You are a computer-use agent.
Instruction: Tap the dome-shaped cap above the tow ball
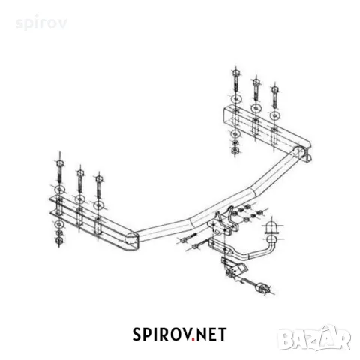click(271, 226)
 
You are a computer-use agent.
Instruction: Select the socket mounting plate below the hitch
click(235, 268)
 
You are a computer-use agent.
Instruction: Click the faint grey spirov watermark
click(41, 23)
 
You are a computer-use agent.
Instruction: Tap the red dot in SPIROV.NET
click(193, 339)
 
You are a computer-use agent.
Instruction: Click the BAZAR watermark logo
click(315, 338)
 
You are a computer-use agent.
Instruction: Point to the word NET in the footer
click(211, 334)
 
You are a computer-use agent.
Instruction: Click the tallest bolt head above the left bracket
click(59, 163)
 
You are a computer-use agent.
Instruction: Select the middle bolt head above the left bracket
click(80, 173)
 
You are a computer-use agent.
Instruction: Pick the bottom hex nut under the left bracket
click(59, 241)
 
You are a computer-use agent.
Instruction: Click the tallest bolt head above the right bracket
click(235, 73)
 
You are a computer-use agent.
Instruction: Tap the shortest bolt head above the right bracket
click(274, 89)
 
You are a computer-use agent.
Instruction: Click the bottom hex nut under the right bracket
click(235, 150)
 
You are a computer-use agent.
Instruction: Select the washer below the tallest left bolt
click(60, 190)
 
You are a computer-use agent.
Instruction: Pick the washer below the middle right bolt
click(256, 108)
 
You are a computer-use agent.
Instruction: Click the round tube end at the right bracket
click(298, 151)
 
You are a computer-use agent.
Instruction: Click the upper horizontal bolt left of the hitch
click(188, 238)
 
